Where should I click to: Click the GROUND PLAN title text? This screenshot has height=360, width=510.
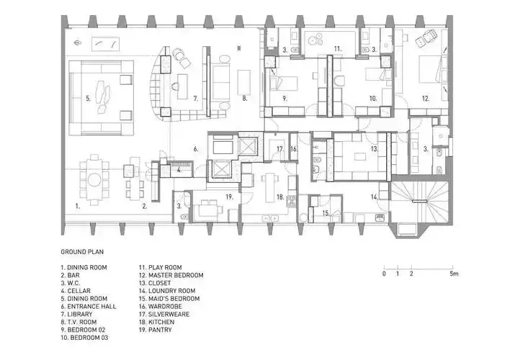tap(82, 252)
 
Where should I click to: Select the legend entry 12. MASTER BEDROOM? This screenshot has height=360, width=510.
tap(171, 275)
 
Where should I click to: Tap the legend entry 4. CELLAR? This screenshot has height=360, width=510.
tap(76, 291)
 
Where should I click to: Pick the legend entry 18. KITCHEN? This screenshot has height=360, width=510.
tap(157, 322)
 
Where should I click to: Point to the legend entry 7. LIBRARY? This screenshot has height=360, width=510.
tap(76, 314)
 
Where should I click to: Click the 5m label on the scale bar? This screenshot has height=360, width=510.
tap(454, 274)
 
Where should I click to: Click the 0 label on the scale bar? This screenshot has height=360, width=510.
tap(384, 274)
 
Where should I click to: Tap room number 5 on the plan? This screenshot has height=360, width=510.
tap(88, 98)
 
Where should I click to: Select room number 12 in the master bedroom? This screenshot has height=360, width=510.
tap(426, 99)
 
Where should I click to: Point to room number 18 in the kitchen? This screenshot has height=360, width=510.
tap(280, 197)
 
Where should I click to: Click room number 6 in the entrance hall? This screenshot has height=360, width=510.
tap(196, 149)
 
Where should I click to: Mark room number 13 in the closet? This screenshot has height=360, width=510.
tap(375, 149)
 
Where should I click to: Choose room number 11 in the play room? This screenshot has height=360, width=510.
tap(338, 49)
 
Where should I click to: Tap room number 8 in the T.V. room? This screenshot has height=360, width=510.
tap(245, 98)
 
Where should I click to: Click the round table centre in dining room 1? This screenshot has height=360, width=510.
tap(95, 179)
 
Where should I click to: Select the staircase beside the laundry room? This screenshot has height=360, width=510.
tap(419, 202)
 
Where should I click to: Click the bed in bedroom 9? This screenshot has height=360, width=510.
tap(283, 84)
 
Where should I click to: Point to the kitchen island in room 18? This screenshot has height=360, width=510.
tap(269, 188)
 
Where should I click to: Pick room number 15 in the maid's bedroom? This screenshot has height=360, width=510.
tap(326, 213)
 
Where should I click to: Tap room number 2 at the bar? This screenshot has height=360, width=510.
tap(144, 206)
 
